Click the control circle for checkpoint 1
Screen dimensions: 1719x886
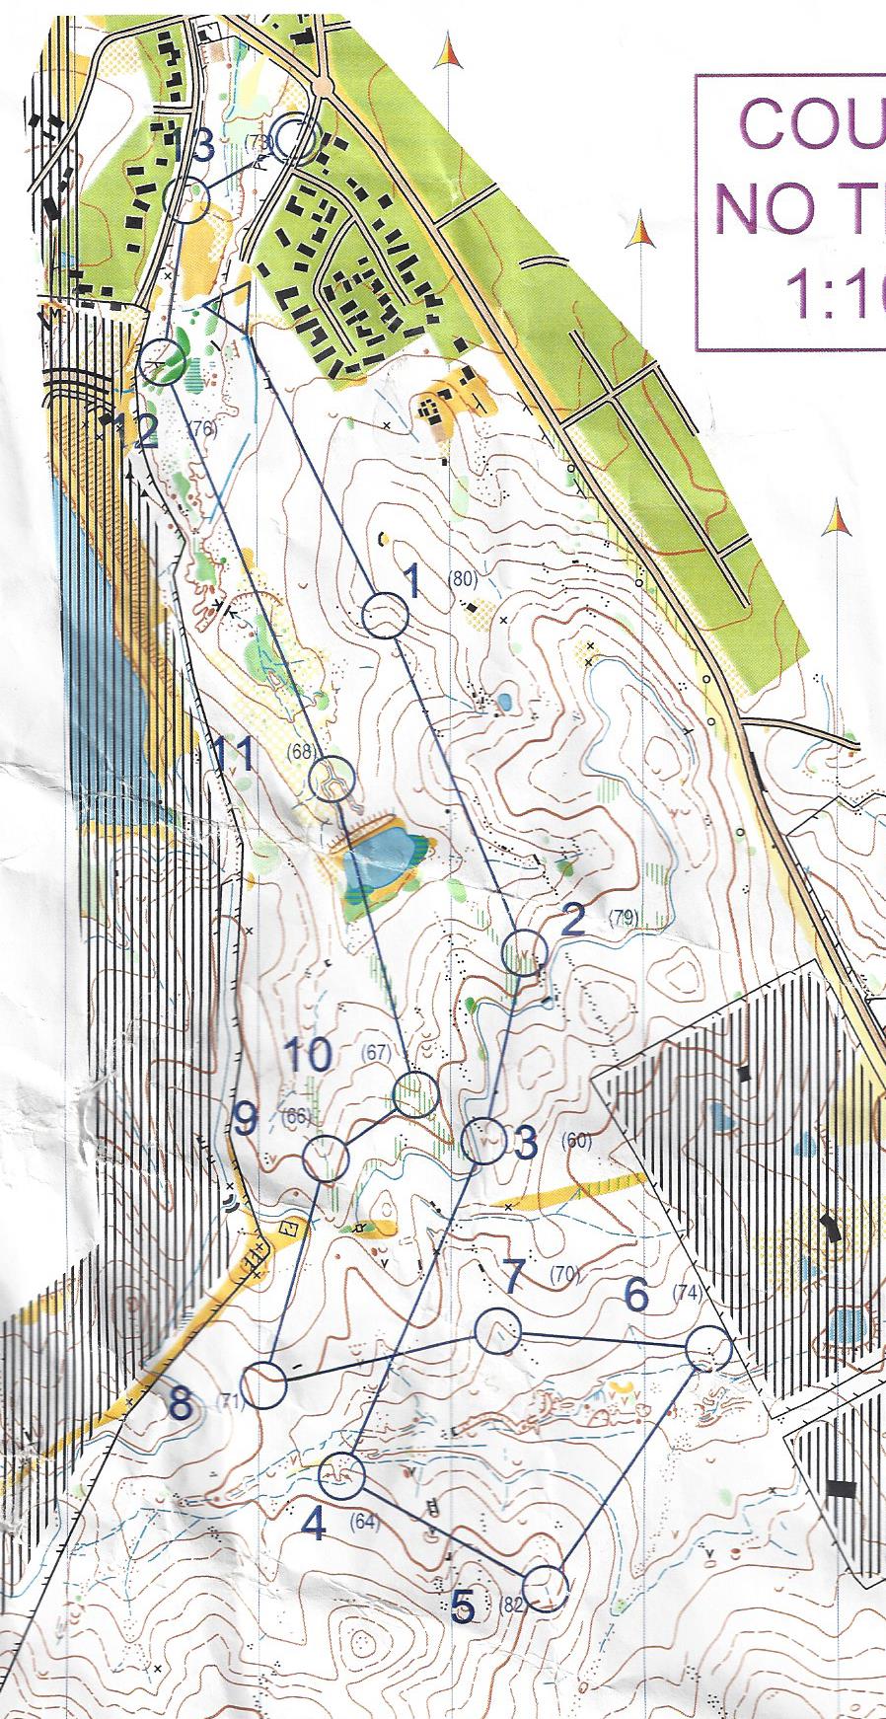coord(385,618)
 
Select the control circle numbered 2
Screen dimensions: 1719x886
coord(523,954)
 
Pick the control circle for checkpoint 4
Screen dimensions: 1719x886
coord(342,1475)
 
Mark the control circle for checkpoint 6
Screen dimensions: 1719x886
coord(708,1349)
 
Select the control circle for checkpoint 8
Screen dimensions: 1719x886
coord(264,1384)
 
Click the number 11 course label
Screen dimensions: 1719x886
coord(235,758)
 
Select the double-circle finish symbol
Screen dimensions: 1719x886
coord(294,138)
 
